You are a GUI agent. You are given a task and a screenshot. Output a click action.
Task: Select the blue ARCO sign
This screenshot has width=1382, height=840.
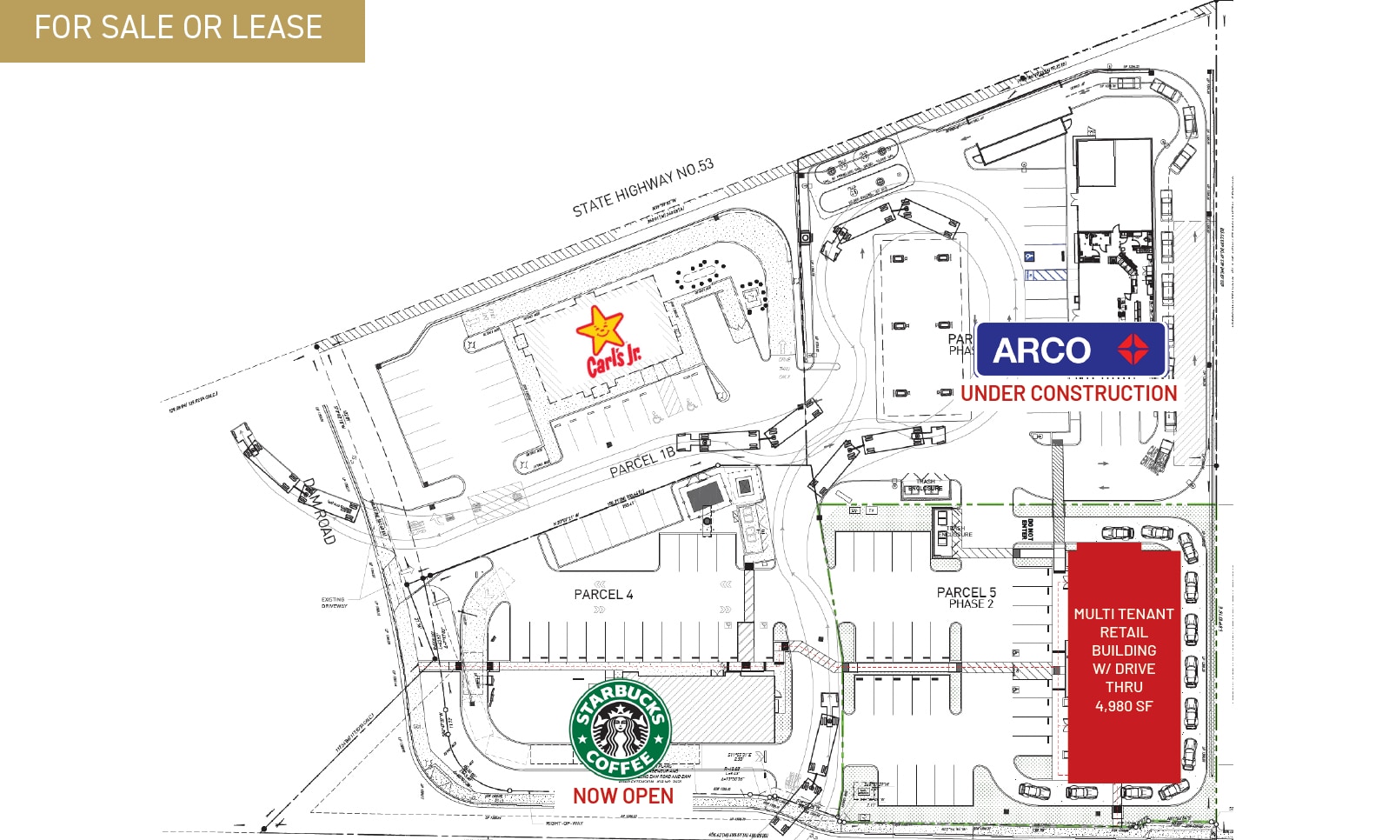tap(1070, 350)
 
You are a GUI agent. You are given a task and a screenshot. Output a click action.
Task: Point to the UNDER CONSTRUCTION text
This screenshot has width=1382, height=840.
tap(1068, 394)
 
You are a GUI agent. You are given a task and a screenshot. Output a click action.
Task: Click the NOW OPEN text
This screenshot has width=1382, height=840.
tap(622, 796)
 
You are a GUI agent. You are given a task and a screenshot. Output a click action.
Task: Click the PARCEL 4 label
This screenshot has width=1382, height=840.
tap(603, 595)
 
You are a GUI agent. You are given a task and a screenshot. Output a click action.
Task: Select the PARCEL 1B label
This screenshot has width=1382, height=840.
tap(641, 463)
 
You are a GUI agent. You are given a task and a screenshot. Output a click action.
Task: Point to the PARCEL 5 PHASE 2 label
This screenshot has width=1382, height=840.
tap(967, 597)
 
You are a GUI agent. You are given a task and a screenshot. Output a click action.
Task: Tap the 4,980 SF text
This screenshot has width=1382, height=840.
tap(1124, 706)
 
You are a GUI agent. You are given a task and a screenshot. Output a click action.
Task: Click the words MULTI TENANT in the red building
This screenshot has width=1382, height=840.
tap(1123, 614)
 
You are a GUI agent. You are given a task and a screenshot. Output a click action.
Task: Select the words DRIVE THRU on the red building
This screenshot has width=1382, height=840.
tap(1124, 677)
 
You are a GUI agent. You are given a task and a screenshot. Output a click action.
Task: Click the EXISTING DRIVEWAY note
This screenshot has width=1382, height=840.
tap(333, 602)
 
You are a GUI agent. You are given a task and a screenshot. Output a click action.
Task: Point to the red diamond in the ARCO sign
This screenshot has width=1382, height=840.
tap(1133, 350)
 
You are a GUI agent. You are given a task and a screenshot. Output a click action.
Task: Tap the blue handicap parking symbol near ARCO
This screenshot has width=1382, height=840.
tap(1029, 257)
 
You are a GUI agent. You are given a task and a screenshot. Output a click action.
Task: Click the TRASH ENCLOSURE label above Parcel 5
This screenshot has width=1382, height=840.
tap(925, 484)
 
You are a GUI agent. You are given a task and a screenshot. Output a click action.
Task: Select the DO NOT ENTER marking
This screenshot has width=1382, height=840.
tap(1027, 529)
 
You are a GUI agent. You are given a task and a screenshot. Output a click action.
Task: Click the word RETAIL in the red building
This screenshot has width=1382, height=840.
tap(1123, 632)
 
